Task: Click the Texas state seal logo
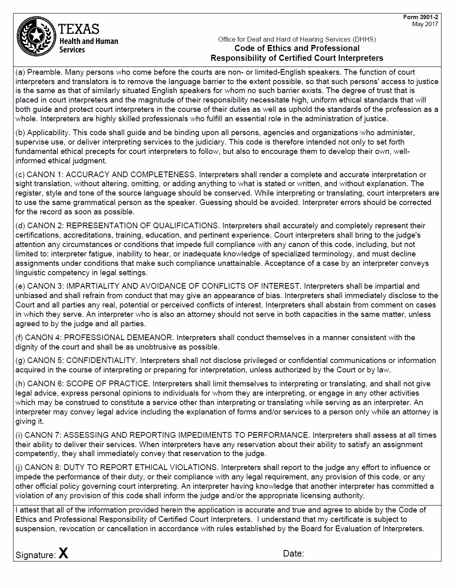[36, 36]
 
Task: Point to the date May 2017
[425, 24]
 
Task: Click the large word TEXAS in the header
[78, 29]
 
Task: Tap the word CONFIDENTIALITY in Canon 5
[101, 361]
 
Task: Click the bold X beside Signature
[63, 553]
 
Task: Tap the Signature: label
[36, 555]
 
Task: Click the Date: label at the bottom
[294, 554]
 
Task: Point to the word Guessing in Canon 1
[213, 203]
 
